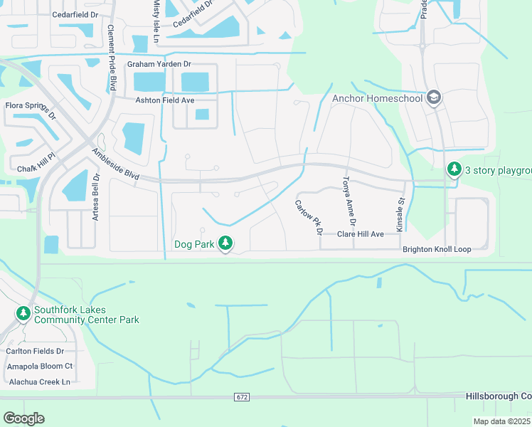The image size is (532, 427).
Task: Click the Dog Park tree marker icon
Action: [x=225, y=244]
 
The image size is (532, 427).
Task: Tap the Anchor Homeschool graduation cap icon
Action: [x=434, y=98]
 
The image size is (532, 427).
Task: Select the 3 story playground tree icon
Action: [x=453, y=169]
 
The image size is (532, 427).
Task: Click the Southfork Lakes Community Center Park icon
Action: [x=23, y=313]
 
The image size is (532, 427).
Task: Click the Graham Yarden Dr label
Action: [x=159, y=64]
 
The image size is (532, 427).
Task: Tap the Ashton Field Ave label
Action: [x=165, y=101]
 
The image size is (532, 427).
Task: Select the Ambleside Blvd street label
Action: [x=118, y=164]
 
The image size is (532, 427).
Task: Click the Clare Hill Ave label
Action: [x=360, y=234]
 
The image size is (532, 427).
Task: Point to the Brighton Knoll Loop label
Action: [x=437, y=250]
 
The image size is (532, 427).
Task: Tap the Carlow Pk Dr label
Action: [x=309, y=218]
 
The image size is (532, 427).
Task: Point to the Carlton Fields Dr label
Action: [x=35, y=351]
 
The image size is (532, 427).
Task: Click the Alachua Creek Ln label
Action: [x=38, y=381]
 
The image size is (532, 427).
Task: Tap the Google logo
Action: [x=23, y=418]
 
